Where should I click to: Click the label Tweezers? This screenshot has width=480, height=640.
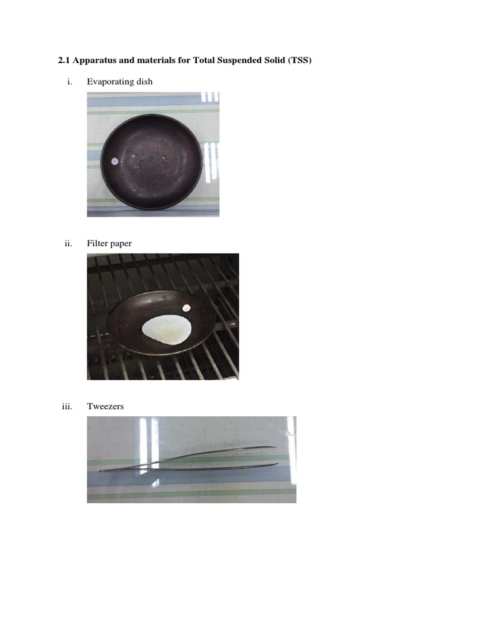coord(106,406)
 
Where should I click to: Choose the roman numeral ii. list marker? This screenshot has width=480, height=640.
coord(69,244)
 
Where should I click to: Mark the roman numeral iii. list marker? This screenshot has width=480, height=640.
coord(67,406)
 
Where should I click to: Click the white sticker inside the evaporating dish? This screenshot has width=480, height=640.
coord(114,161)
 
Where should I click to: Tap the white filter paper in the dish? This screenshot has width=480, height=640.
coord(166,329)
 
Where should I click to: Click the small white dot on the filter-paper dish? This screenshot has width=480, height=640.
coord(186,307)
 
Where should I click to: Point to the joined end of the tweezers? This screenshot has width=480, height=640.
coord(102,470)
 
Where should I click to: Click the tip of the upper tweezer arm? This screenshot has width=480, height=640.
coord(274,447)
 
